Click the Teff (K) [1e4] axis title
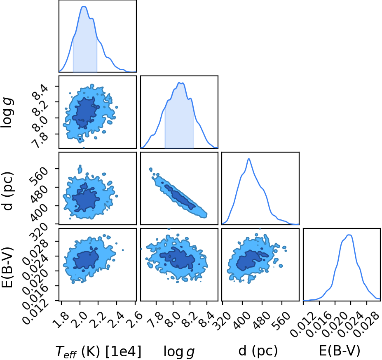click(98, 351)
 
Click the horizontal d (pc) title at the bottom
click(258, 351)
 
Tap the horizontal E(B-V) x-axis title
click(340, 351)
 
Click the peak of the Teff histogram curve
click(84, 6)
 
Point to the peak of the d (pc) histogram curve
click(249, 159)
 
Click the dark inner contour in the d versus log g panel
click(180, 197)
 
